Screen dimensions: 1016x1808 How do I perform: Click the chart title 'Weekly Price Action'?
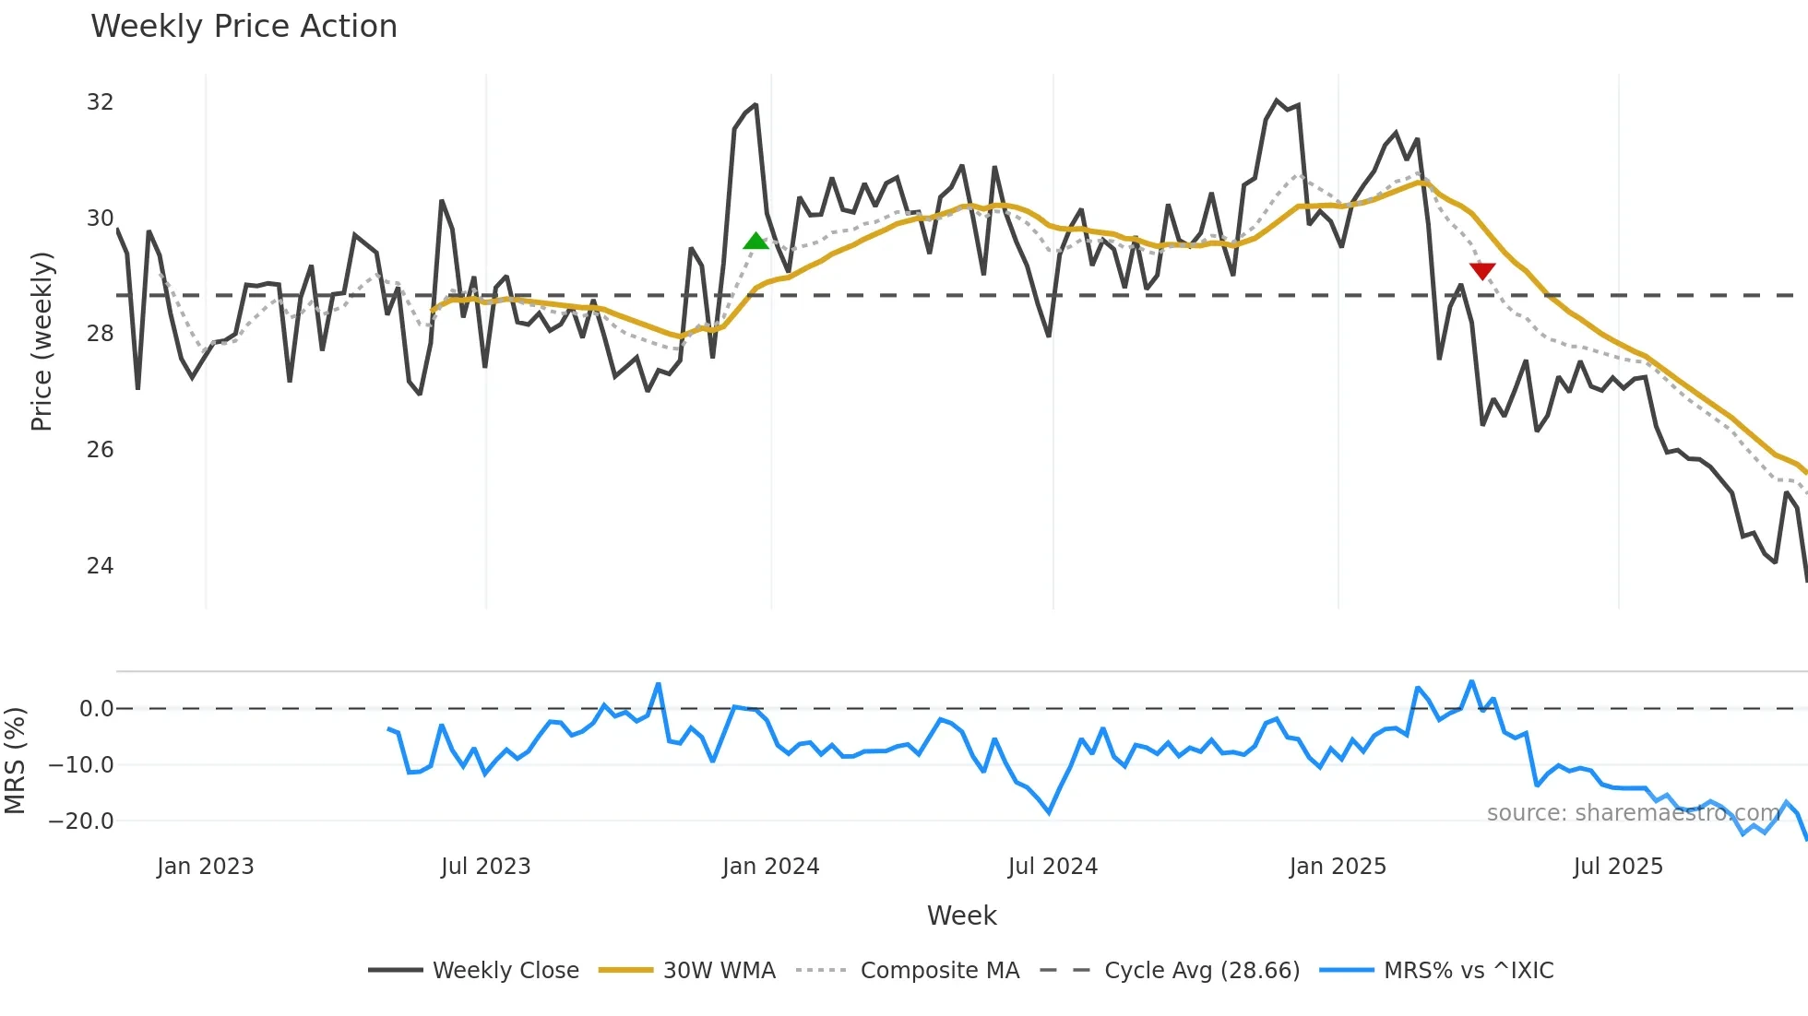tap(244, 27)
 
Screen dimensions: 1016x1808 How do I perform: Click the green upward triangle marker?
tap(755, 242)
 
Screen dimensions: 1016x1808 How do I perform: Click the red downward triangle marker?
tap(1481, 270)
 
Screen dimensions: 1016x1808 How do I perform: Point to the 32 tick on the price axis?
tap(100, 102)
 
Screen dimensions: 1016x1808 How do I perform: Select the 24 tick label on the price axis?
tap(100, 565)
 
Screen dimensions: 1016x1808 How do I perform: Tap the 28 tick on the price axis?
tap(100, 334)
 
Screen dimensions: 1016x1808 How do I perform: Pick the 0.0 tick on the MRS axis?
tap(96, 709)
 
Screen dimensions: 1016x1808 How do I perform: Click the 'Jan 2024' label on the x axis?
tap(770, 867)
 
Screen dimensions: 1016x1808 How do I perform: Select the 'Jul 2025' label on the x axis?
tap(1618, 867)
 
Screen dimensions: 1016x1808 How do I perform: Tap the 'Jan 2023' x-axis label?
tap(205, 867)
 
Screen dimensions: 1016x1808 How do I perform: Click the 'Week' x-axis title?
tap(961, 916)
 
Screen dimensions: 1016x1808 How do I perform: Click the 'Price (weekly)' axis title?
tap(42, 341)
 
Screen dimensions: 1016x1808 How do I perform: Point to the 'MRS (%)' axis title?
tap(15, 761)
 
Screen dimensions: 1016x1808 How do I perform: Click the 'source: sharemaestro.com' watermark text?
tap(1633, 813)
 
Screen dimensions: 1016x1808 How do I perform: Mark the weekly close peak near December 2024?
tap(1277, 100)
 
